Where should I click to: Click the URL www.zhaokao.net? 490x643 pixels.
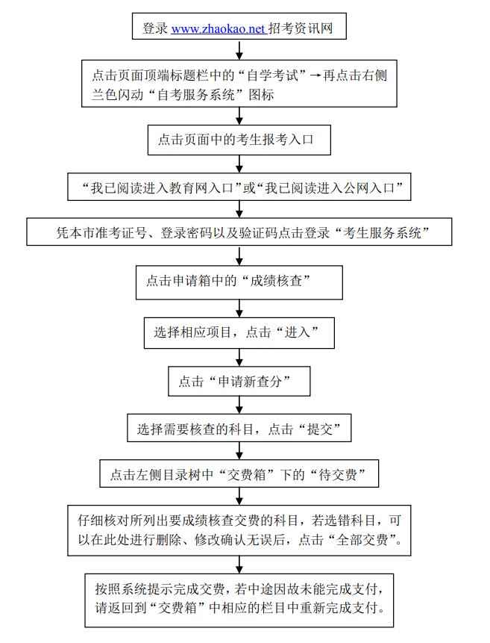click(218, 29)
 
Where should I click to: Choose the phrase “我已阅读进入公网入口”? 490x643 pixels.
click(333, 187)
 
